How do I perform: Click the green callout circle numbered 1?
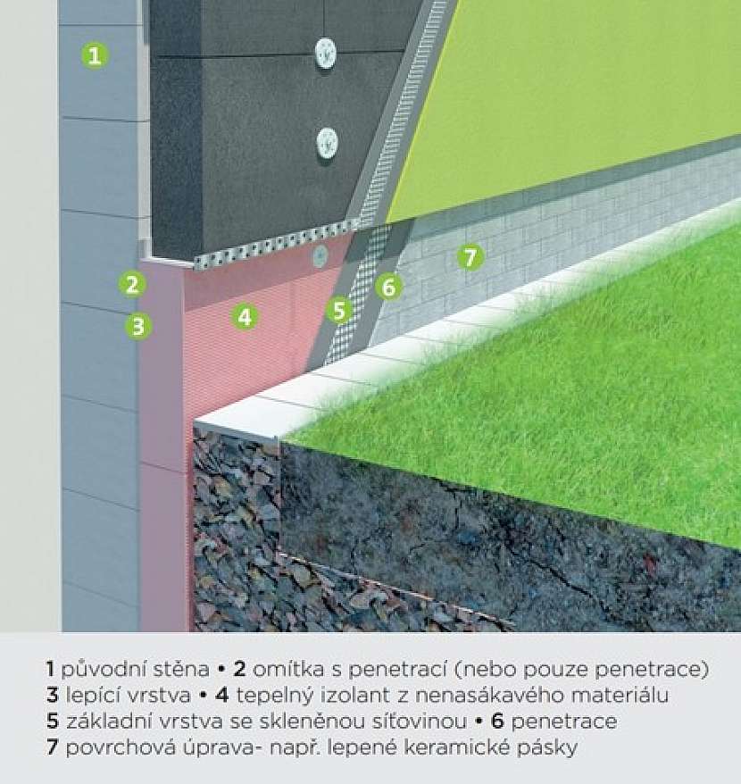click(95, 55)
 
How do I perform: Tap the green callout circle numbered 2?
click(132, 285)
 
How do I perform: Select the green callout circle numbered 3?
click(138, 326)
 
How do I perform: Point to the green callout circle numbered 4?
click(245, 316)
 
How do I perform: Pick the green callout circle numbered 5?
click(339, 310)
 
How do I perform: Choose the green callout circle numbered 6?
click(388, 287)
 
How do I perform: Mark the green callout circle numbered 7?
click(470, 257)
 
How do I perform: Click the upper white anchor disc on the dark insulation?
click(326, 53)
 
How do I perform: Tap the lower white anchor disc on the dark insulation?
click(328, 141)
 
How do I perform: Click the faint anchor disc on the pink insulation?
click(320, 256)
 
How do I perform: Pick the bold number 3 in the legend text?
click(53, 696)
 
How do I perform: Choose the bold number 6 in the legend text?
click(497, 721)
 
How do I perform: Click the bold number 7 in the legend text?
click(53, 747)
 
